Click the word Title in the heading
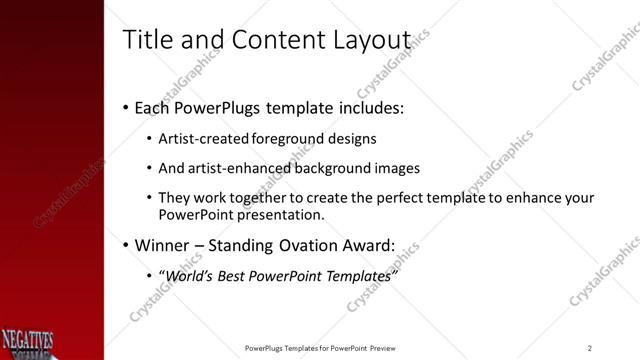point(144,39)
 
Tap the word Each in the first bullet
point(152,106)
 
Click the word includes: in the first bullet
point(369,106)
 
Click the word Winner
point(162,245)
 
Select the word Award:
point(367,245)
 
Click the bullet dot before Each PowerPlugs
point(125,107)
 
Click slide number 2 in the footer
point(589,348)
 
